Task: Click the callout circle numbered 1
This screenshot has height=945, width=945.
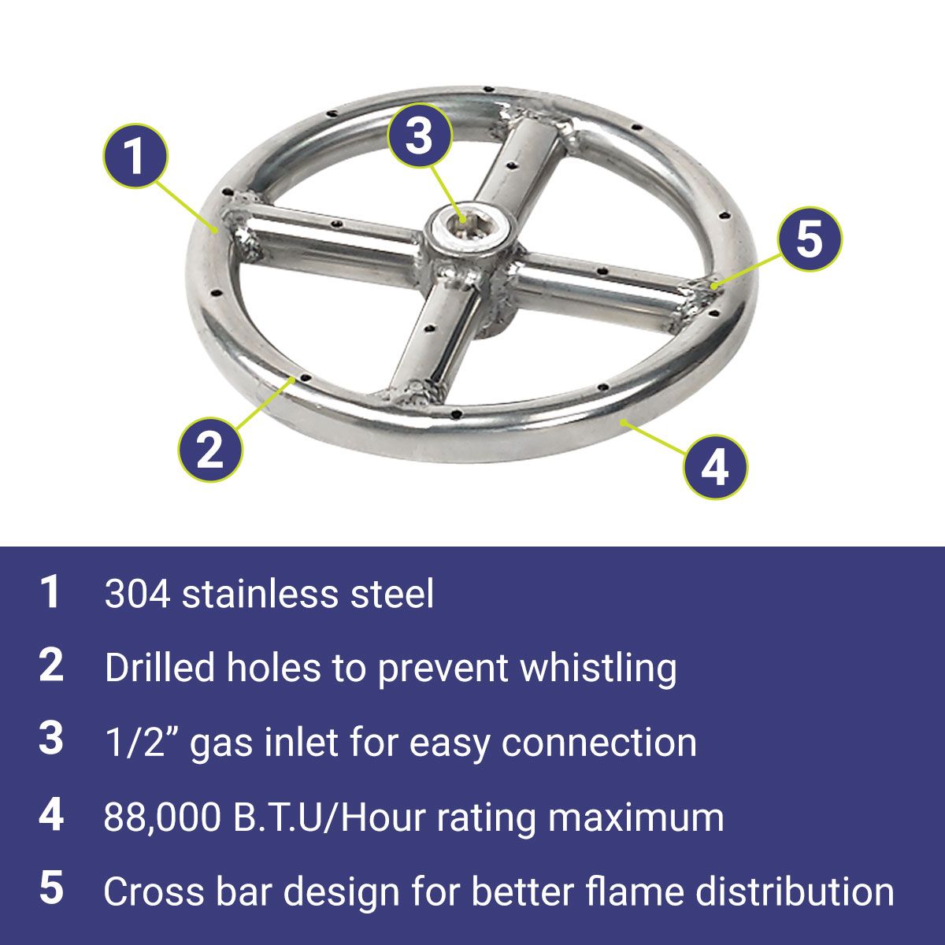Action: pyautogui.click(x=135, y=156)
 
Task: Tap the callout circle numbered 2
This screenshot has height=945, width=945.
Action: pyautogui.click(x=210, y=449)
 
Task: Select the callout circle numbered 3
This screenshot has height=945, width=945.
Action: pyautogui.click(x=419, y=135)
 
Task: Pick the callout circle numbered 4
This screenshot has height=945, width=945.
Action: pyautogui.click(x=716, y=467)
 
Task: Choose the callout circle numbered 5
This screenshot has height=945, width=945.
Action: pyautogui.click(x=810, y=239)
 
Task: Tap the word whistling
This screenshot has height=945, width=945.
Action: pyautogui.click(x=598, y=669)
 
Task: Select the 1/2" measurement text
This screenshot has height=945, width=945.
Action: pyautogui.click(x=143, y=742)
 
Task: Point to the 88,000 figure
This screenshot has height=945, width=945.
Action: pyautogui.click(x=162, y=817)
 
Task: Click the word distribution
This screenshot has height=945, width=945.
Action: pyautogui.click(x=795, y=891)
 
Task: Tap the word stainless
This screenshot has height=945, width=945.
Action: pyautogui.click(x=260, y=594)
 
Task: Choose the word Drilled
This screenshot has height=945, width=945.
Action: pyautogui.click(x=160, y=668)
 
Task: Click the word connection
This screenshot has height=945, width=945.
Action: pyautogui.click(x=598, y=743)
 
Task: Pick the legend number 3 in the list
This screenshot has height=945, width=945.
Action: pyautogui.click(x=51, y=738)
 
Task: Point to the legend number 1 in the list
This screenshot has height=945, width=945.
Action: pyautogui.click(x=50, y=591)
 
